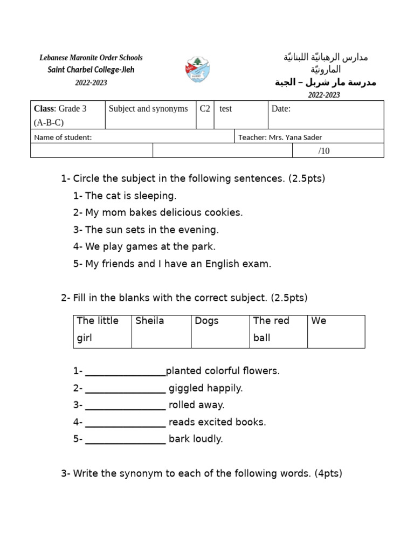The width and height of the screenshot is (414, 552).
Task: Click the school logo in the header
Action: pos(198,69)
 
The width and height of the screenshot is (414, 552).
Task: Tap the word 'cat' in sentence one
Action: pos(113,196)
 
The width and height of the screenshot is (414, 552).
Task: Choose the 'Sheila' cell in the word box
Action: pos(161,331)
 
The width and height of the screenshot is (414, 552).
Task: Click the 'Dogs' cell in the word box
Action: pos(220,331)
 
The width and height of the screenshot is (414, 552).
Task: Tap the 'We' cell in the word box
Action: pos(336,331)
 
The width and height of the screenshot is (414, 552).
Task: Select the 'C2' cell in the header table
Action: pos(205,109)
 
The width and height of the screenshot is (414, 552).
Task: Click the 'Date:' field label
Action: pos(281,109)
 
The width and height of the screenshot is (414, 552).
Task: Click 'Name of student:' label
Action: pos(63,137)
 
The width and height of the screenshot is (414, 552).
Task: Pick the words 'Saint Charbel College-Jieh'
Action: pos(91,70)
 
